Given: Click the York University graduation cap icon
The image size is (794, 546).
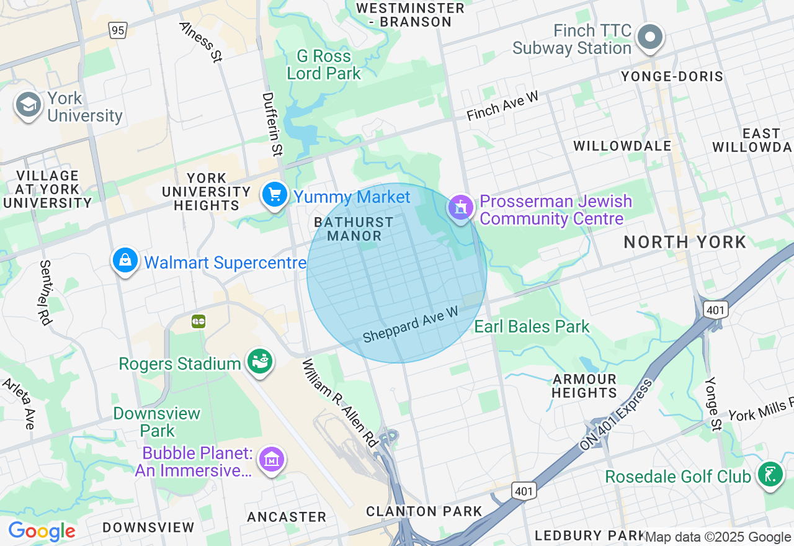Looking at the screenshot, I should coord(28,105).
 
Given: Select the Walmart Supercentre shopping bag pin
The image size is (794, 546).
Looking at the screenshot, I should coord(125,261).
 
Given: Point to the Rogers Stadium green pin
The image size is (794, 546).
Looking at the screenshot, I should coord(260,362).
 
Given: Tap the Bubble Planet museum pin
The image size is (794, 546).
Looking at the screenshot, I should coord(272,460).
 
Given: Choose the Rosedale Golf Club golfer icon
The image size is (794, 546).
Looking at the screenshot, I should coord(770,475).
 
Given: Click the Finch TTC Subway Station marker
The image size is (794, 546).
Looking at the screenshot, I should coord(650,37).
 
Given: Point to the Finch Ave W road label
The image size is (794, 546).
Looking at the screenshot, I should coord(503,106).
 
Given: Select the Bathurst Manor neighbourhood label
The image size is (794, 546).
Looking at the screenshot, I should coord(354,229).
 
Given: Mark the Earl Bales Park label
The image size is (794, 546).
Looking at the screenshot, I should coord(532,326).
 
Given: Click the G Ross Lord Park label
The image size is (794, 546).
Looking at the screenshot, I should coord(323,65).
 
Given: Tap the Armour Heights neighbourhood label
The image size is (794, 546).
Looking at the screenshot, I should coord(584,386).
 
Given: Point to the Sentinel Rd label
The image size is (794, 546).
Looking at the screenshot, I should coord(45,292).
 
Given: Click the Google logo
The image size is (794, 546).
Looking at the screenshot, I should coord(42,532).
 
